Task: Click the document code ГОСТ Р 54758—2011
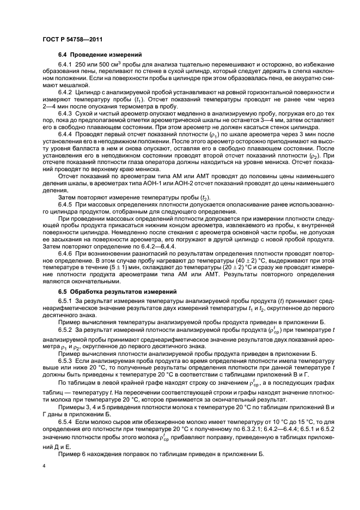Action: (72, 39)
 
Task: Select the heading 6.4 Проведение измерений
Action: (92, 55)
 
